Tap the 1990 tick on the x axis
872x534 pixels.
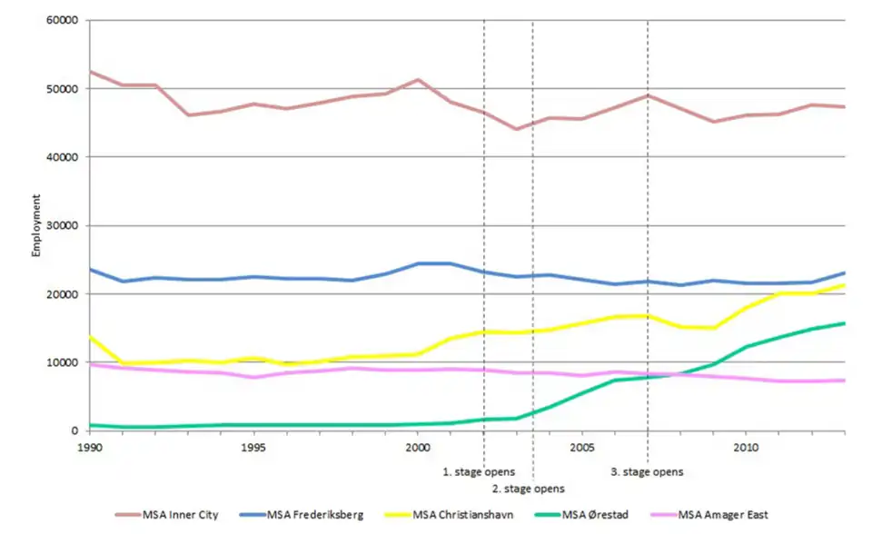click(x=89, y=448)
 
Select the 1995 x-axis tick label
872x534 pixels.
click(x=253, y=448)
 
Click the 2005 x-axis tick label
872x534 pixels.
click(x=582, y=448)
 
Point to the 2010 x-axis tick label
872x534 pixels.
click(x=746, y=448)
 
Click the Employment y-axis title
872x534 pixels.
click(x=36, y=225)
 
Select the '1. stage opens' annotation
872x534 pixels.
click(x=479, y=472)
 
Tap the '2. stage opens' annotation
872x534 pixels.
click(x=528, y=489)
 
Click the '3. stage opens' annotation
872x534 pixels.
click(x=647, y=472)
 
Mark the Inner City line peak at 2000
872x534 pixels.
click(x=418, y=80)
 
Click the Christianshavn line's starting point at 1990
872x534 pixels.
click(x=90, y=337)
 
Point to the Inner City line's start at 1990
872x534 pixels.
click(x=90, y=71)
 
